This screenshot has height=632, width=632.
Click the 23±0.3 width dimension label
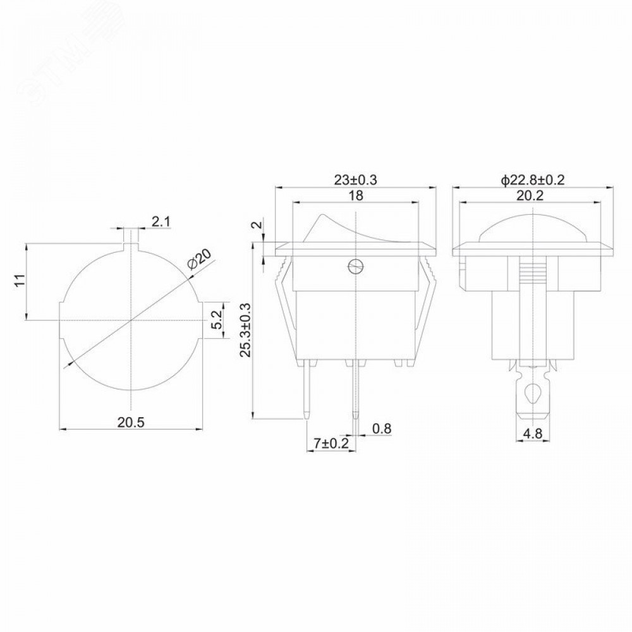pos(355,179)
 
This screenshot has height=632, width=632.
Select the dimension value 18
pos(355,195)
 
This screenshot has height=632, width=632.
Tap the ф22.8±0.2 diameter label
pos(532,179)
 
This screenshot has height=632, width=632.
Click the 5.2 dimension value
pos(217,320)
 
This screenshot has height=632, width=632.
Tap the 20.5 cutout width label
pos(131,422)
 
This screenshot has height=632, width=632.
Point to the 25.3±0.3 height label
pos(245,331)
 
